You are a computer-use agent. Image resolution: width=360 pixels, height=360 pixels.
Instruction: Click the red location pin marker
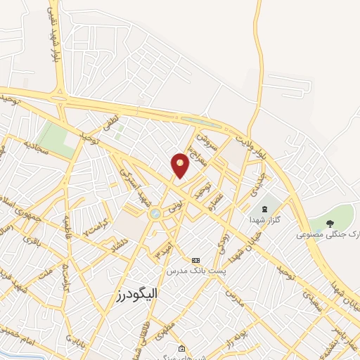181,165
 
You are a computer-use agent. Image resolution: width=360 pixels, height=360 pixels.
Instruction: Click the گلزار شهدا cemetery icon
265,209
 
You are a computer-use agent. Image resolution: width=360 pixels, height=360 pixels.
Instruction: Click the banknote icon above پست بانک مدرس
195,260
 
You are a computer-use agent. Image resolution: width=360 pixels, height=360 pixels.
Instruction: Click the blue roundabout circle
155,214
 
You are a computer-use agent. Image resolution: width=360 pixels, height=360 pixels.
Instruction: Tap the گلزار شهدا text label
265,220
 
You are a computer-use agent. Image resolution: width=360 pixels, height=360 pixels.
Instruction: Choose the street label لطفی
112,127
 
